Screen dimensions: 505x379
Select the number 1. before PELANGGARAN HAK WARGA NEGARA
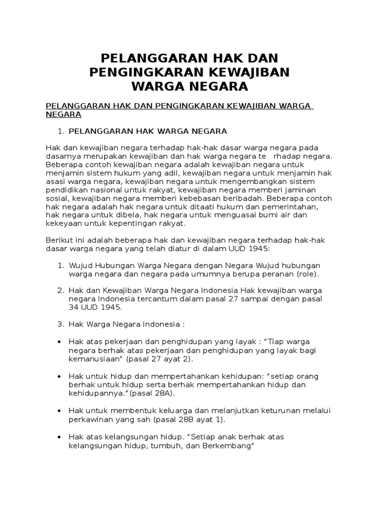(61, 131)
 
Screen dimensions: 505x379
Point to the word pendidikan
(66, 190)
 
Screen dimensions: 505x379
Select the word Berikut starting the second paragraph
(59, 240)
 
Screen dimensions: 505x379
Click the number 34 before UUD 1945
(74, 307)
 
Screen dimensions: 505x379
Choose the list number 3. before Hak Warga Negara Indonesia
(61, 324)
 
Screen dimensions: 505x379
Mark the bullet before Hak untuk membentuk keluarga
(59, 411)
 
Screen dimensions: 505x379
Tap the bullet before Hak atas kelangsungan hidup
(59, 437)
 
